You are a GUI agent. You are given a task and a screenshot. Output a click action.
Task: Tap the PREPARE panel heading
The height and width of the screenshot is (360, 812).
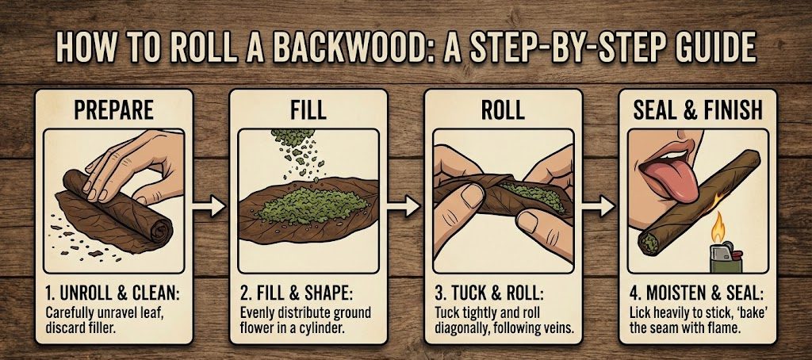tap(113, 109)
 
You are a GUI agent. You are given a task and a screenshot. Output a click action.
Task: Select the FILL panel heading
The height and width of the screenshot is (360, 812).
tap(308, 109)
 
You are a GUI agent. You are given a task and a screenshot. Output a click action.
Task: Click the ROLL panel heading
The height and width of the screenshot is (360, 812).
tap(503, 109)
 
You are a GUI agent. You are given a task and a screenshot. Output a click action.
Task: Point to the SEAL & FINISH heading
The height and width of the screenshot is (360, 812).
tap(697, 109)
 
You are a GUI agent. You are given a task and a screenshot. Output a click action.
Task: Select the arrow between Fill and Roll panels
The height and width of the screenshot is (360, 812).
tap(405, 208)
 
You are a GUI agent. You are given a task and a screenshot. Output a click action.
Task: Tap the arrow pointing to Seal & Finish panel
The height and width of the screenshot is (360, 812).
tap(599, 208)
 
